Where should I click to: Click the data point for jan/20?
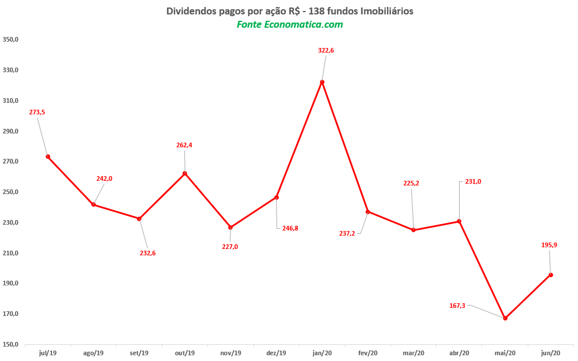click(x=322, y=82)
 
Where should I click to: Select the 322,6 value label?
click(x=326, y=51)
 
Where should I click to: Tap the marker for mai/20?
click(x=505, y=318)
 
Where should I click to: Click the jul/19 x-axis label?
click(x=48, y=353)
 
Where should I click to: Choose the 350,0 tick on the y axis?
click(x=11, y=40)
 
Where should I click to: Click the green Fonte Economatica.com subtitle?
click(x=289, y=25)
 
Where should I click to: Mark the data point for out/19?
click(x=185, y=173)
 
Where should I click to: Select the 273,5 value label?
click(x=37, y=112)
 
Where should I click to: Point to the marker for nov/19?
click(x=230, y=228)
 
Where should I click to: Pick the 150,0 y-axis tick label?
click(x=11, y=345)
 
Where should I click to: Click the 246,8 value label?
click(x=290, y=229)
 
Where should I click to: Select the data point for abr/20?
click(x=459, y=221)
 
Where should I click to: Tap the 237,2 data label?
click(x=347, y=234)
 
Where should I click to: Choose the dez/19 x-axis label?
click(x=277, y=353)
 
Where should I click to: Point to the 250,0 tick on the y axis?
click(x=11, y=192)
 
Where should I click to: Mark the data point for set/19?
click(x=139, y=219)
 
